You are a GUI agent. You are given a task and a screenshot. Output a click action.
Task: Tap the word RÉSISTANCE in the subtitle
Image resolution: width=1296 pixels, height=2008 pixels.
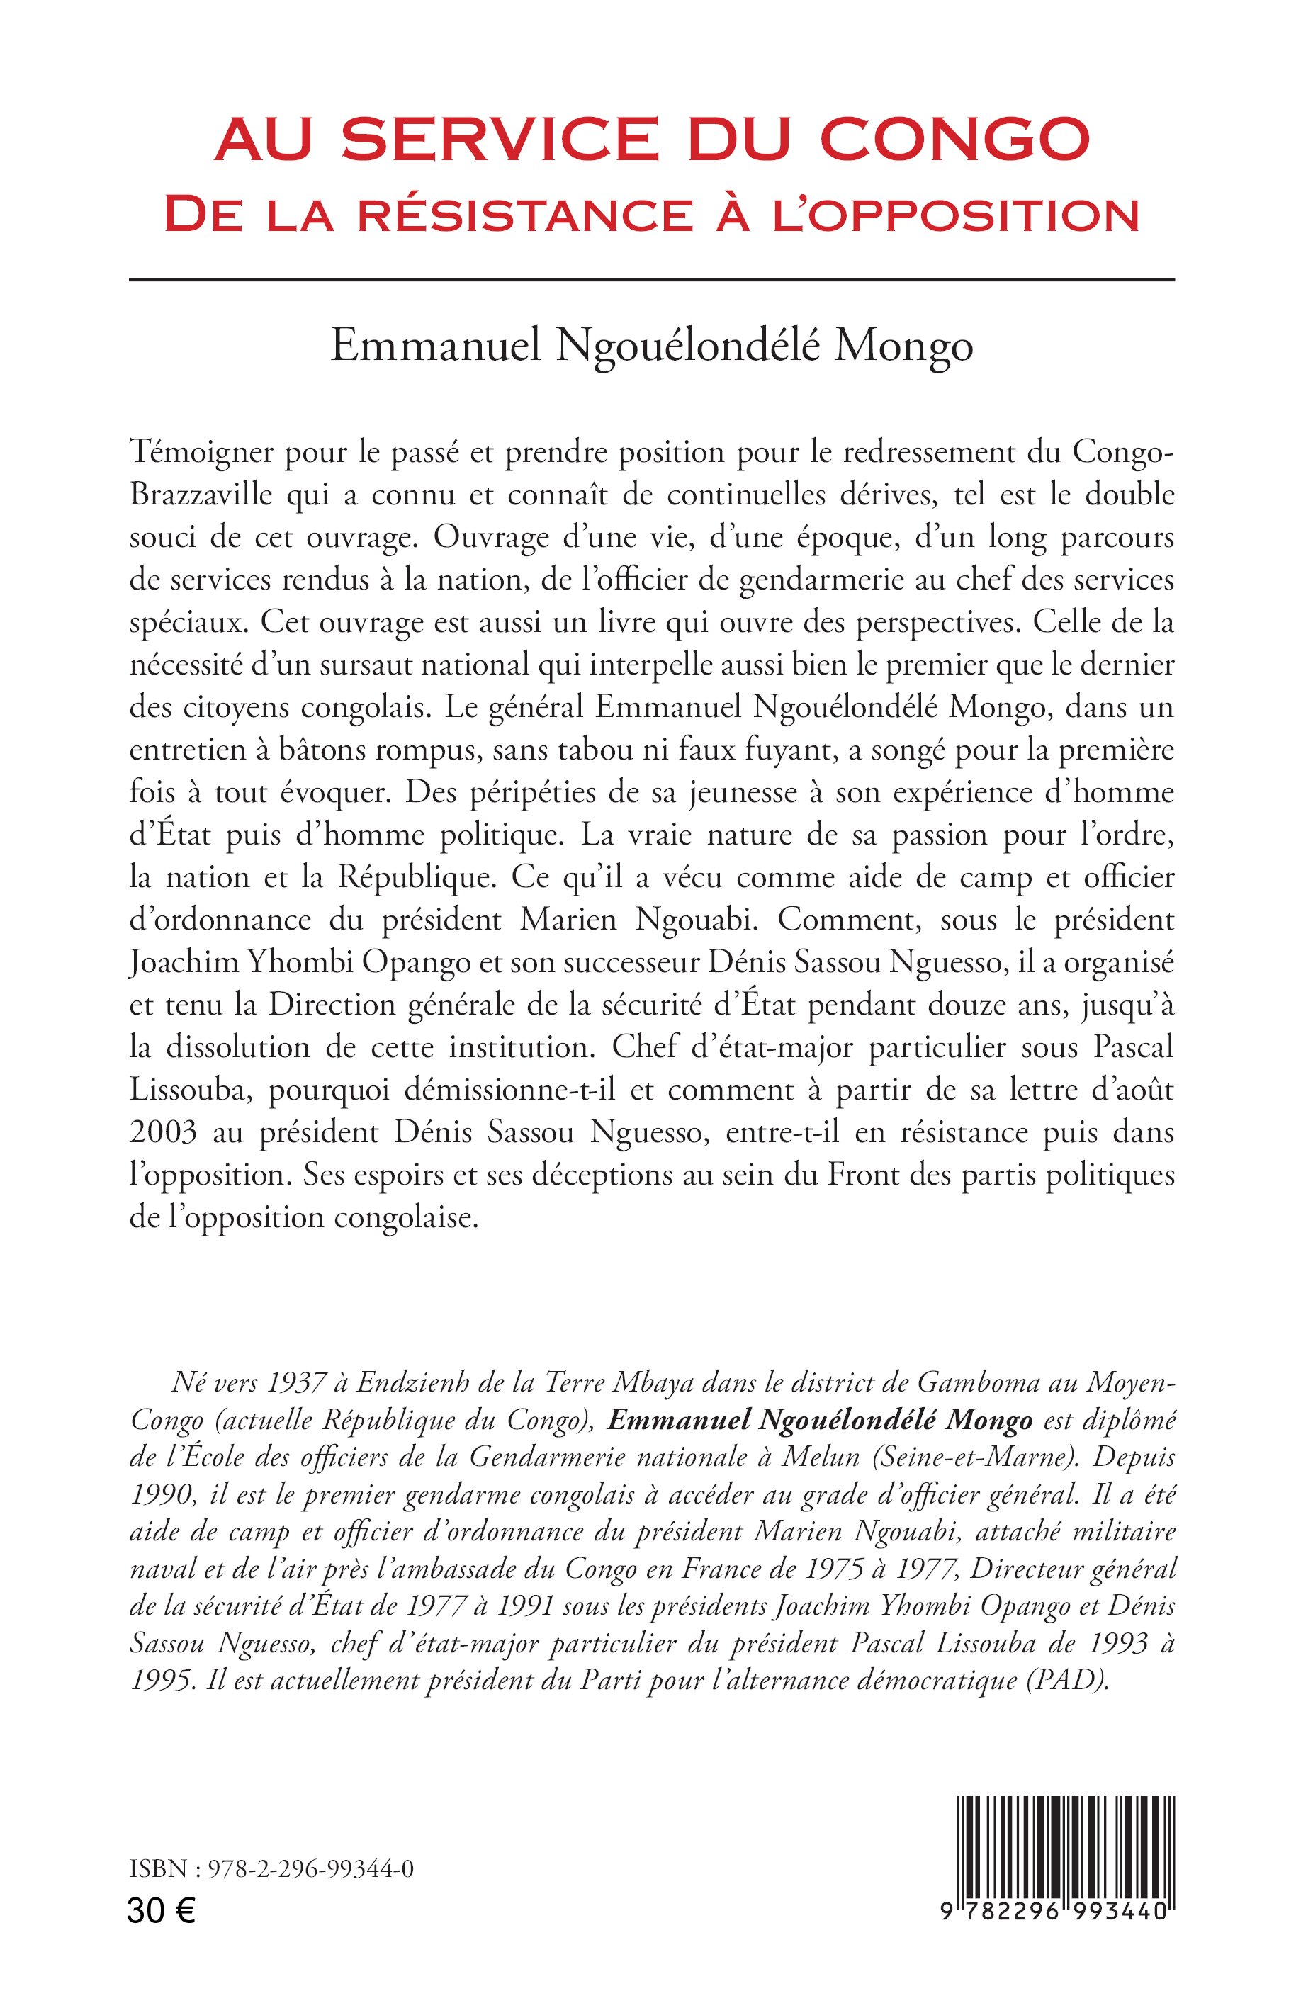pos(522,215)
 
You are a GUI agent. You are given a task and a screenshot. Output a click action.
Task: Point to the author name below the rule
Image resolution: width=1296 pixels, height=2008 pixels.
pos(651,346)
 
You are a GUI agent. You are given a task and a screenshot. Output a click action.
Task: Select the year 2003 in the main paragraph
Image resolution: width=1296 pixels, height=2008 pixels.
pos(162,1133)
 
